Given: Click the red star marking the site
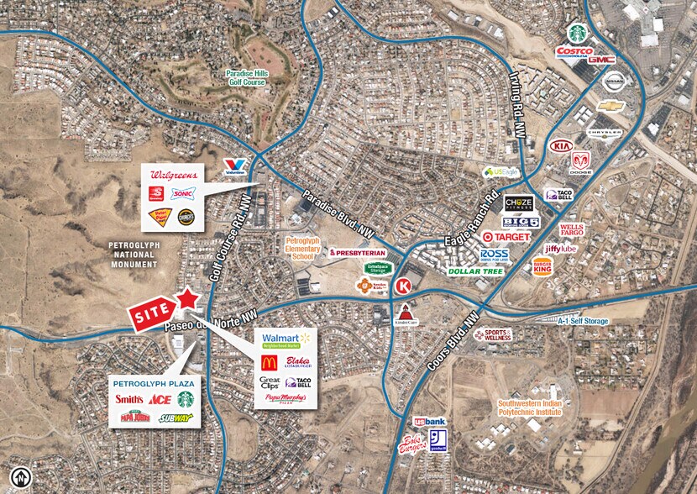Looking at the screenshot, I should [x=188, y=299].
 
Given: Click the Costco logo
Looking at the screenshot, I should [x=574, y=52].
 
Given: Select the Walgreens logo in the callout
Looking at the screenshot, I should [x=172, y=176].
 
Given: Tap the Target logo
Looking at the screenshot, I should [x=506, y=237].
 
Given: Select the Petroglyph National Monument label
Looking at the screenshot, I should [x=134, y=254].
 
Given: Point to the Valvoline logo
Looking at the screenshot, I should [x=235, y=167].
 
